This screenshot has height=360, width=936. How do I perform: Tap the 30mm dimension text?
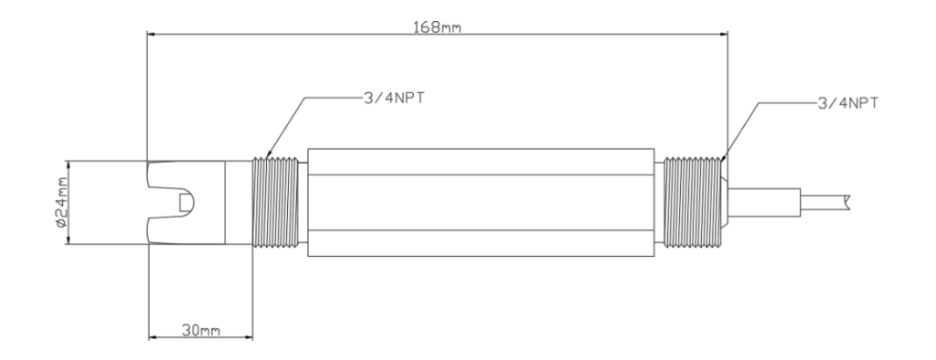(200, 330)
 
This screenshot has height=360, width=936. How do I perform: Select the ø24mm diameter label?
(59, 203)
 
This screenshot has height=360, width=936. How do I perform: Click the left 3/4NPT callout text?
(395, 99)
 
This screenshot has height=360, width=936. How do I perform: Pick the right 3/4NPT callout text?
(847, 102)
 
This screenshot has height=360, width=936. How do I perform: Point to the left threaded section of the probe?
(275, 202)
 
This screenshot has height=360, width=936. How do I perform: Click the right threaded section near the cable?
(694, 202)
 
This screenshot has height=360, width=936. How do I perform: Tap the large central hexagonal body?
(481, 203)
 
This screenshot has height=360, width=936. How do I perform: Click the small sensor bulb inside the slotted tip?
(186, 203)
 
